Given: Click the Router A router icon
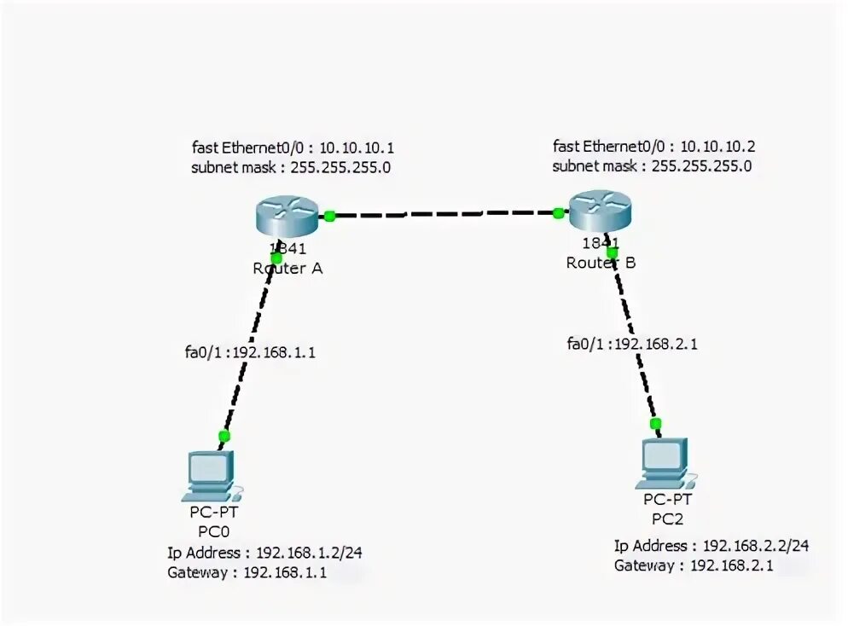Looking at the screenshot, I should (x=287, y=214).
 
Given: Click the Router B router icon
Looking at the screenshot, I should (x=601, y=210).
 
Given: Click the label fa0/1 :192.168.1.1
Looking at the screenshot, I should (x=249, y=352).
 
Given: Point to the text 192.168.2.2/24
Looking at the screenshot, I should (x=756, y=545).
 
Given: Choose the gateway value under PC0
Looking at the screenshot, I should (x=284, y=572).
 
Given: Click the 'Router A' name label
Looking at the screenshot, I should (x=288, y=268).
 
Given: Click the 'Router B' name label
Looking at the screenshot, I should (x=601, y=263).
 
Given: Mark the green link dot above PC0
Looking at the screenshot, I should (x=224, y=436).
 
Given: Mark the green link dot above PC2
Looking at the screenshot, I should (x=655, y=424).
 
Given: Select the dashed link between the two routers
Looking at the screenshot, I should (x=444, y=214).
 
